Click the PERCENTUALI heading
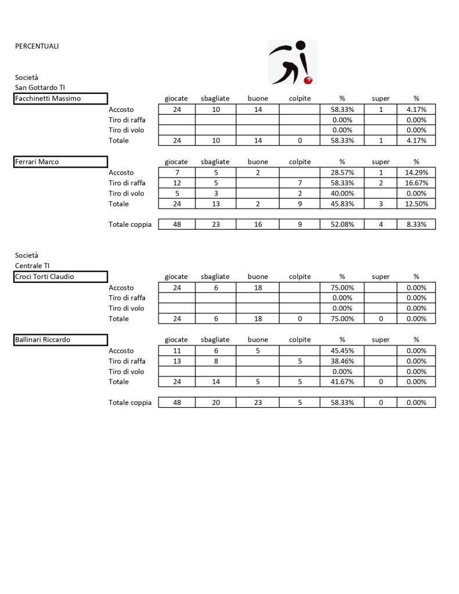[x=37, y=46]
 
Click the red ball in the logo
[x=309, y=79]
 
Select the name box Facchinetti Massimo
[x=61, y=99]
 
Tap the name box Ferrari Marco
[x=61, y=162]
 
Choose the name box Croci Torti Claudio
[x=61, y=277]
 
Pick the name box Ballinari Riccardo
[x=61, y=340]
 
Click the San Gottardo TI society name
[x=40, y=88]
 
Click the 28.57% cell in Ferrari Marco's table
[x=342, y=173]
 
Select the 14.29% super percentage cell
[x=416, y=173]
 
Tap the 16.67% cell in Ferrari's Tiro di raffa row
[x=416, y=183]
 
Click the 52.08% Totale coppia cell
[x=342, y=224]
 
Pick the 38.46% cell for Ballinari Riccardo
[x=342, y=361]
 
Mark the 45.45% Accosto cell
[x=342, y=351]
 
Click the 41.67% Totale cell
[x=342, y=382]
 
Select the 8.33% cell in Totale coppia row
[x=416, y=224]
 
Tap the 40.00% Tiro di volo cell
[x=342, y=194]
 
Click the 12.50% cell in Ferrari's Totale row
[x=416, y=204]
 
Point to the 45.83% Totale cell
[x=342, y=204]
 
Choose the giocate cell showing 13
[x=176, y=361]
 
